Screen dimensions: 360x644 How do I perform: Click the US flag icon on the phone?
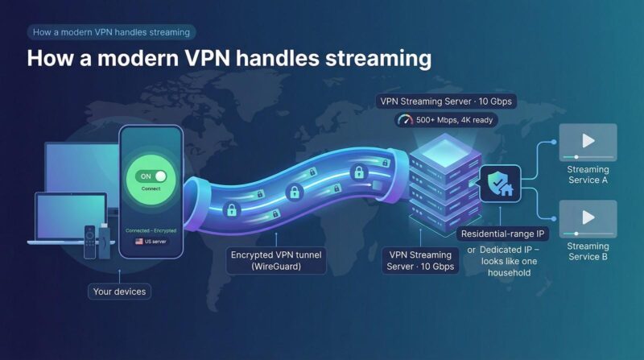(139, 241)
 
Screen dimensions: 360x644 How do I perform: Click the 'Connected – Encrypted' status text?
(151, 230)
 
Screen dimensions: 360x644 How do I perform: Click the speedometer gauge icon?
(405, 120)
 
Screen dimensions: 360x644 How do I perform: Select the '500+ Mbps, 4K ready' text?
(455, 120)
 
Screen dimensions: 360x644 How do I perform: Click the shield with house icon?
(499, 184)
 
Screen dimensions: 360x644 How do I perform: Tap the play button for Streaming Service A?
(588, 141)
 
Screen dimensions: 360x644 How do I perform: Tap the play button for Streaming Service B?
(588, 217)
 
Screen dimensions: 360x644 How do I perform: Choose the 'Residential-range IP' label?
(502, 234)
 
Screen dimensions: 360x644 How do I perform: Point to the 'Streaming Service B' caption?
(588, 251)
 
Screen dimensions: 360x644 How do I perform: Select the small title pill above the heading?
(111, 32)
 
